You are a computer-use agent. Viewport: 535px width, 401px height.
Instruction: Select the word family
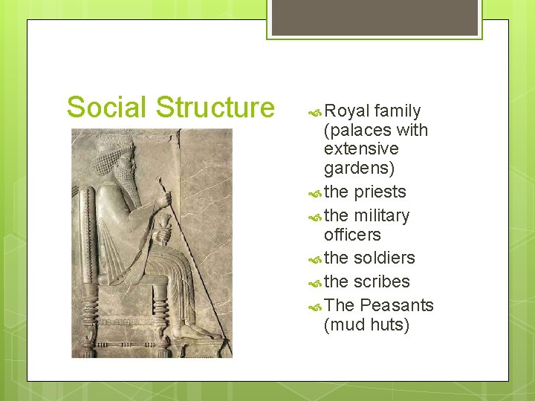click(x=398, y=111)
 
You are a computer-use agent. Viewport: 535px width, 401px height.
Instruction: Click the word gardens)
click(x=359, y=169)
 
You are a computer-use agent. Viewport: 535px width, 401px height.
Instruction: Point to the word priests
click(x=380, y=192)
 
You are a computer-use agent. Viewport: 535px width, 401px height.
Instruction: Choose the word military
click(x=381, y=215)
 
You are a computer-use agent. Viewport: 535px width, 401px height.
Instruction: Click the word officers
click(x=352, y=235)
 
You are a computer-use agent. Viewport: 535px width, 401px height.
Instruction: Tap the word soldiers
click(x=384, y=258)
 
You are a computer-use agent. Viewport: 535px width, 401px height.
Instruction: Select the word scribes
click(x=381, y=281)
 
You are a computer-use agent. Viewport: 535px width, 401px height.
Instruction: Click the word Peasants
click(x=396, y=305)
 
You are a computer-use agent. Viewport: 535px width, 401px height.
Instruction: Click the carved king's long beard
click(x=127, y=181)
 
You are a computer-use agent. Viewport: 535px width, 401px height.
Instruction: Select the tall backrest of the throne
click(x=88, y=223)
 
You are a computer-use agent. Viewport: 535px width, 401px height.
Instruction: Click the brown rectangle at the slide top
click(x=375, y=17)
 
